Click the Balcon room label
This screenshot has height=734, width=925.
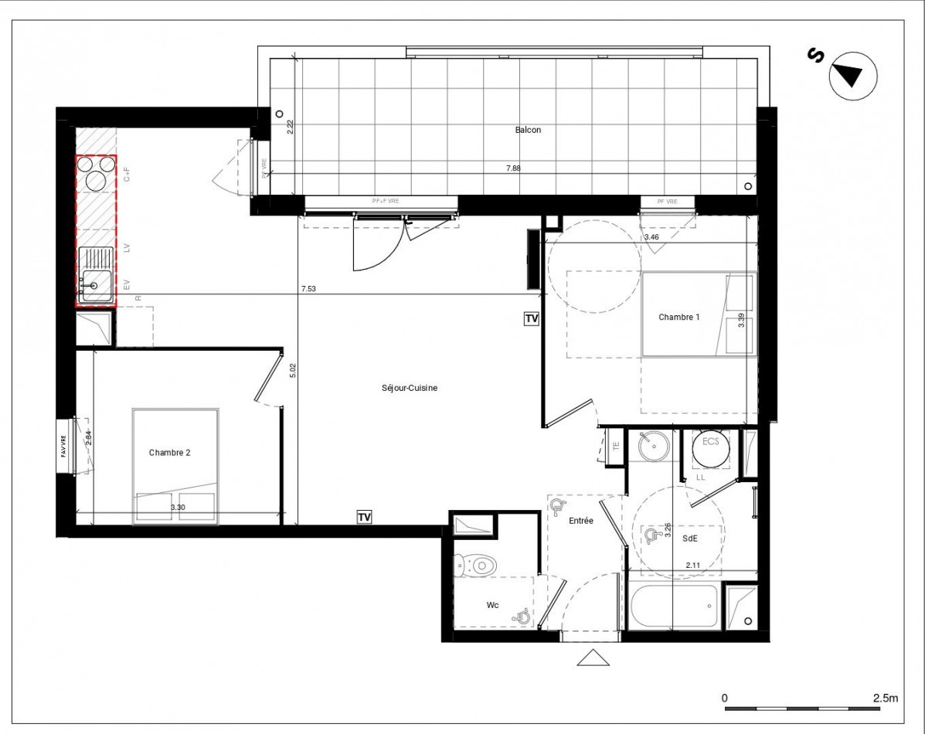(528, 130)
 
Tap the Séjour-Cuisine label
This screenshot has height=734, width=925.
(409, 388)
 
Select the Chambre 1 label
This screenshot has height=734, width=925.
(678, 317)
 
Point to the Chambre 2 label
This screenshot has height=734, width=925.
(169, 453)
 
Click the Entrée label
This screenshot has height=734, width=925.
(581, 522)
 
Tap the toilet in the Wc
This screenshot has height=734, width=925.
(476, 566)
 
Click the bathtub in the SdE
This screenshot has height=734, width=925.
(674, 607)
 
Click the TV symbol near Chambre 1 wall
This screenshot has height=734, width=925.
(531, 318)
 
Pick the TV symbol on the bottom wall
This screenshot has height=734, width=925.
(364, 517)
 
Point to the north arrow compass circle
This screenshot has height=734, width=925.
(852, 76)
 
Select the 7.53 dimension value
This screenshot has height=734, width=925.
(308, 290)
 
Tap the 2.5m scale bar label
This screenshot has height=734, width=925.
(886, 698)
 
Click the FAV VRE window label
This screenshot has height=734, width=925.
(63, 447)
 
